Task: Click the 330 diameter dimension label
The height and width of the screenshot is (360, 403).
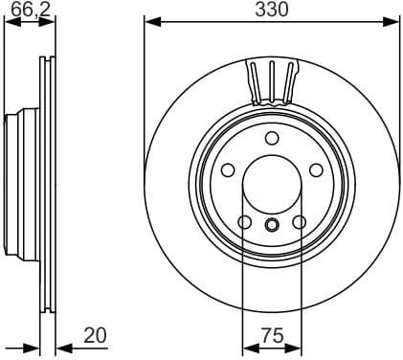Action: (x=272, y=9)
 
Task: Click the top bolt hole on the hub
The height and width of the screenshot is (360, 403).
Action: (x=271, y=137)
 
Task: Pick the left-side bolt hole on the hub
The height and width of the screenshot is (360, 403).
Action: (x=228, y=169)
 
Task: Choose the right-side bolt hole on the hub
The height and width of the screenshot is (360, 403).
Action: (x=315, y=169)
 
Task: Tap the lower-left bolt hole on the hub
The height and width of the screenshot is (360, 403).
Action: (x=244, y=223)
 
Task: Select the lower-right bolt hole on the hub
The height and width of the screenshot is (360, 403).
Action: (x=299, y=223)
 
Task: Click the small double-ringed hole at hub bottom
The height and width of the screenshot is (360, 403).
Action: (x=271, y=226)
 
